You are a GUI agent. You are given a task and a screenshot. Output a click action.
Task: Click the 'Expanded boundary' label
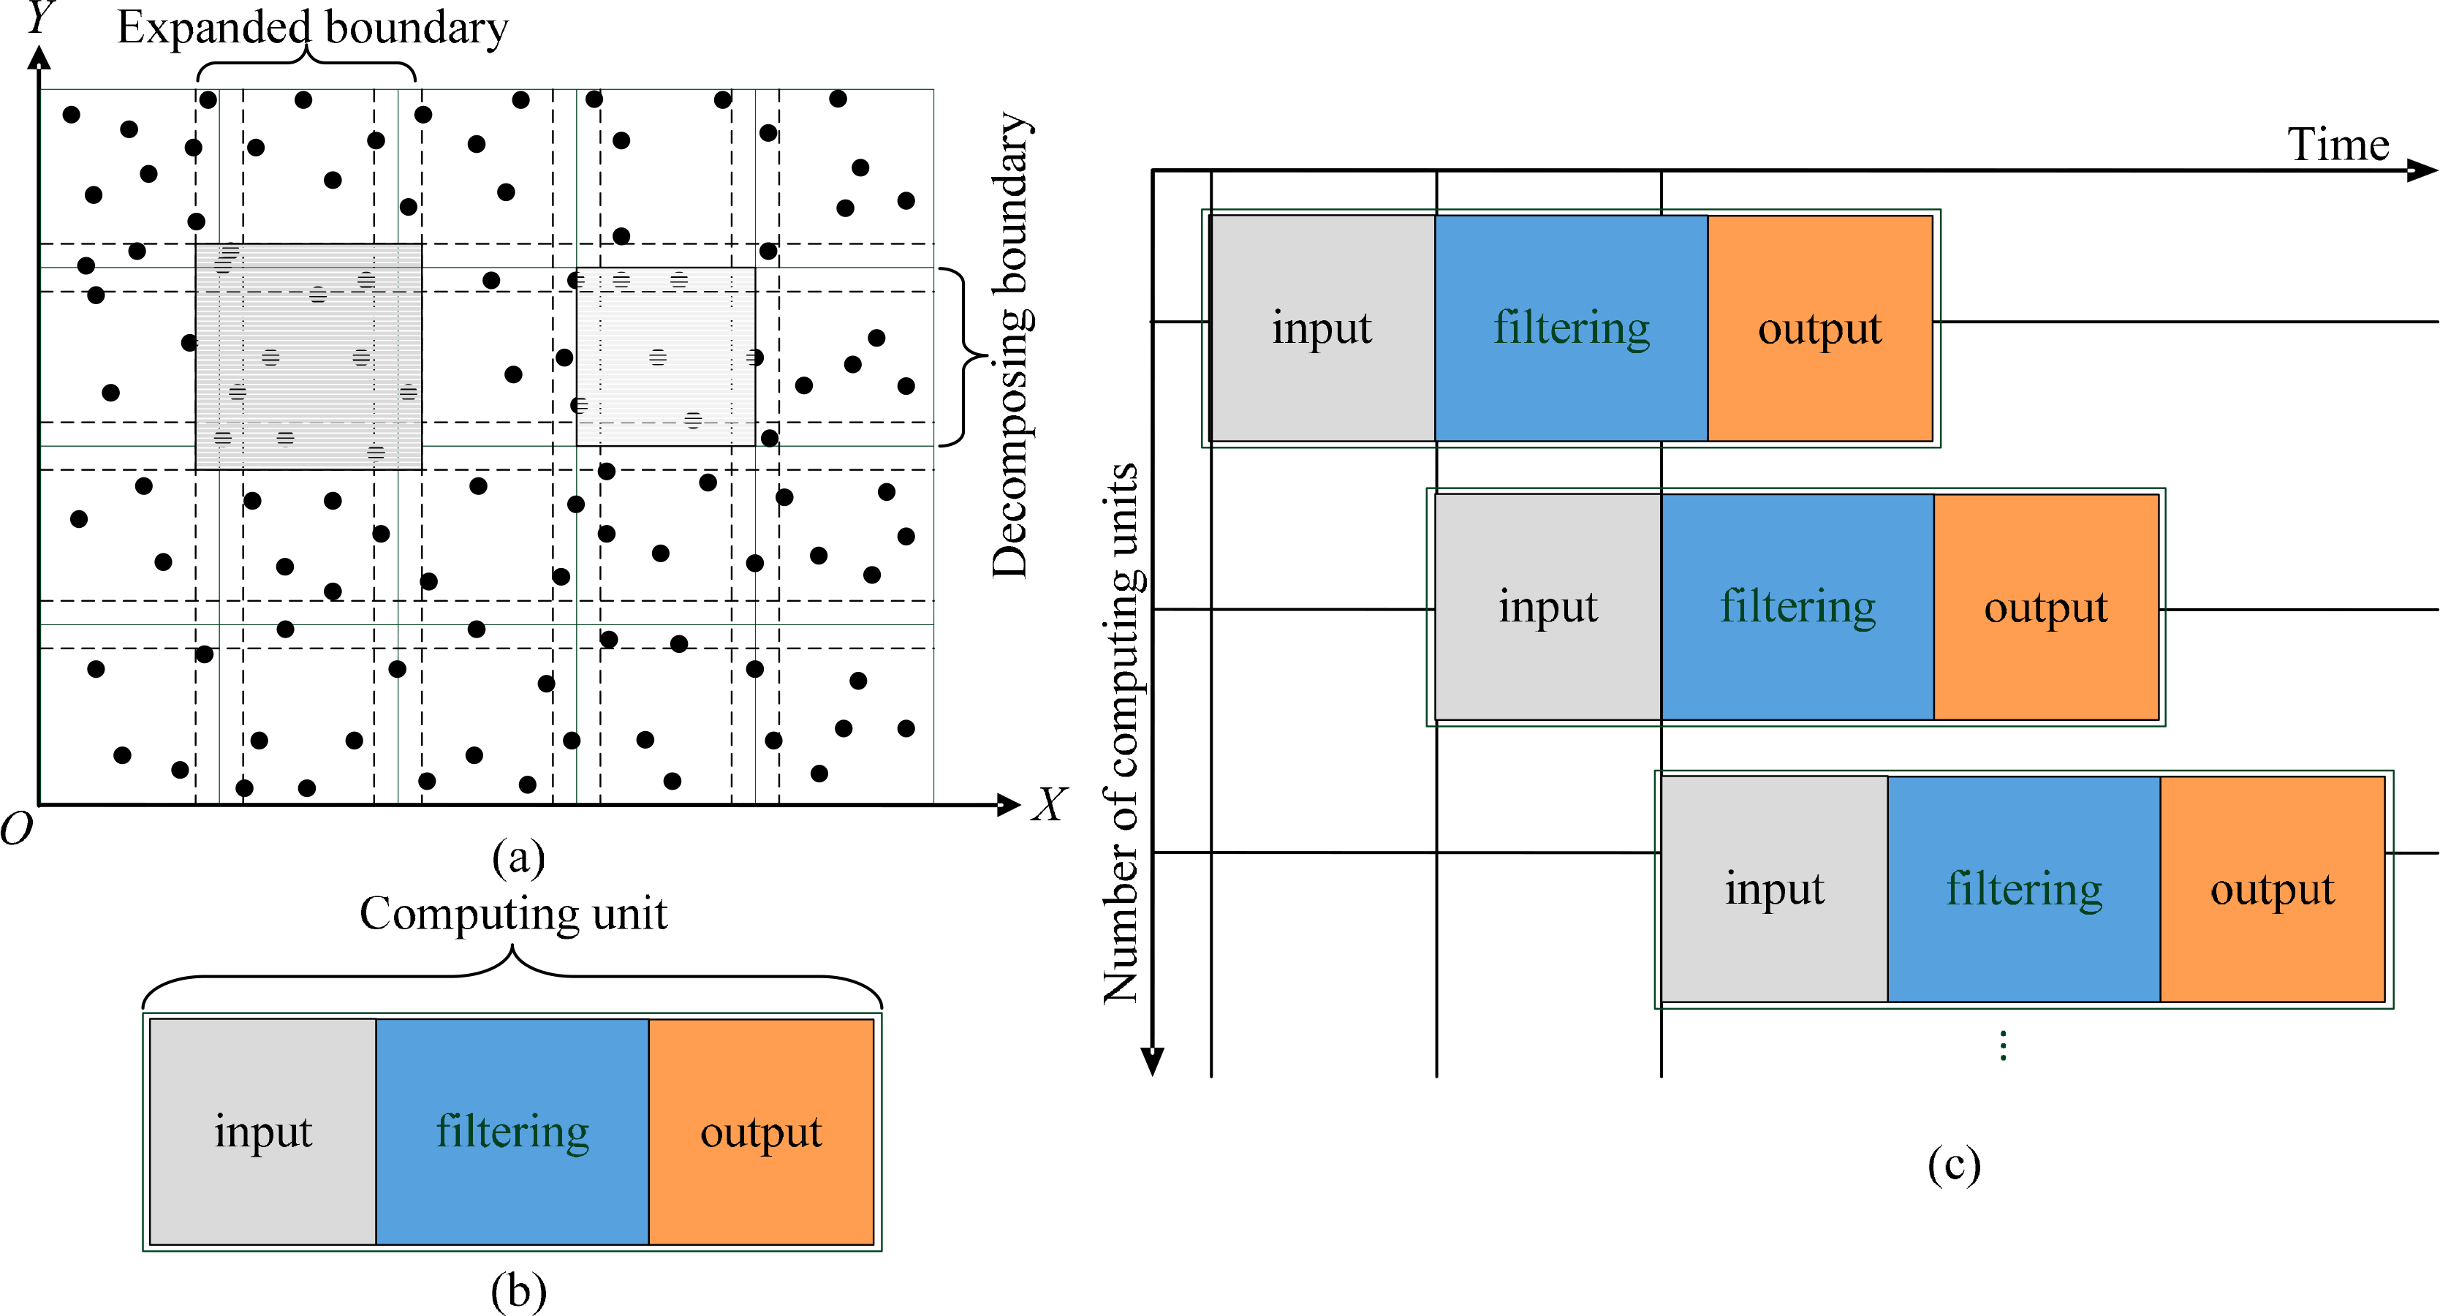click(313, 29)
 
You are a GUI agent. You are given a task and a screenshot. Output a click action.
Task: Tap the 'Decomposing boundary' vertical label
click(1011, 346)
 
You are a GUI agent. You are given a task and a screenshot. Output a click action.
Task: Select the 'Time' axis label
click(2338, 145)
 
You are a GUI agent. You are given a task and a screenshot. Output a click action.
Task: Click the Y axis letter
click(39, 17)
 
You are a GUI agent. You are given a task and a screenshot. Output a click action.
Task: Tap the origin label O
click(16, 829)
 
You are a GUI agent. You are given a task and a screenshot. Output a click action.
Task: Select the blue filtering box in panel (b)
click(512, 1131)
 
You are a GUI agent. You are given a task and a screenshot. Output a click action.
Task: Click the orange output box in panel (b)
click(761, 1131)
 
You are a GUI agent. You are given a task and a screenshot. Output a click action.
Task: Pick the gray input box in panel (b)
click(263, 1131)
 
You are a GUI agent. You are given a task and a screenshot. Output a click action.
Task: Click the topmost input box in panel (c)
click(1322, 328)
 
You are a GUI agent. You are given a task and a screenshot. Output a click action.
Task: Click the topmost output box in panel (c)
click(1819, 328)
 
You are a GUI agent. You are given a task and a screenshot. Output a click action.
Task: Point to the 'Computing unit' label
click(512, 915)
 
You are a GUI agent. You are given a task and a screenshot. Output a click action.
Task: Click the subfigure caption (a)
click(518, 858)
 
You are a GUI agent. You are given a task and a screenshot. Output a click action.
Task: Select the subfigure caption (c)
click(1953, 1165)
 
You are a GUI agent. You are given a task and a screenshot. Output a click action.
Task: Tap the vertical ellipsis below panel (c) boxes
click(2002, 1045)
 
